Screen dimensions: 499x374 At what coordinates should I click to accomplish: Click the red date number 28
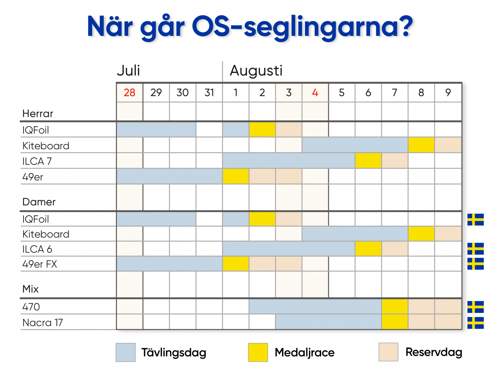[x=129, y=93]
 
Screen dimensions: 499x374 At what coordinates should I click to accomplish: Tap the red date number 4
[x=315, y=93]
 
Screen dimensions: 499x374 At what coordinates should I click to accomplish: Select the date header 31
[x=209, y=93]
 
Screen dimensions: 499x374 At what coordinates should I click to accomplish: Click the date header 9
[x=448, y=93]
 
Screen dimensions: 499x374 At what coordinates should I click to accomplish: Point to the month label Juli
[x=128, y=70]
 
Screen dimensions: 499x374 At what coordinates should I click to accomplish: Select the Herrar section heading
[x=38, y=113]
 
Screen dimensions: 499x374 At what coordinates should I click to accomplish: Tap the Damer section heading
[x=39, y=202]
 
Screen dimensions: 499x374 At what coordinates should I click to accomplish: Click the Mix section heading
[x=31, y=289]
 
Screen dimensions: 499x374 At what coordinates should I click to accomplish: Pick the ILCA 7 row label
[x=37, y=161]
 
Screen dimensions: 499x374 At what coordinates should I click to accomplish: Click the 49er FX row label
[x=40, y=264]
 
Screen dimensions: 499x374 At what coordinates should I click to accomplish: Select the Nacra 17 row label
[x=42, y=323]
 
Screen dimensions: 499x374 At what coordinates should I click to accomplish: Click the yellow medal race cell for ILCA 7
[x=368, y=161]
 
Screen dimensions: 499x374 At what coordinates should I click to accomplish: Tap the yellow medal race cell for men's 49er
[x=235, y=176]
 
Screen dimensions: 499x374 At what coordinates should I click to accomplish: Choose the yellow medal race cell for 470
[x=395, y=307]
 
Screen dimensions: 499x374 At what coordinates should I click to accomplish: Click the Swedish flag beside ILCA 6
[x=475, y=249]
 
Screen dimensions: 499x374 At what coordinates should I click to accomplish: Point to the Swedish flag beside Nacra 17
[x=475, y=323]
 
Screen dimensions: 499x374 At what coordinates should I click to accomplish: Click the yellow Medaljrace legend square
[x=258, y=352]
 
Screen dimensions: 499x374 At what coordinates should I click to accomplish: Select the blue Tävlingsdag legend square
[x=125, y=352]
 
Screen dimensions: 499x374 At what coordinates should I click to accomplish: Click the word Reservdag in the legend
[x=434, y=352]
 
